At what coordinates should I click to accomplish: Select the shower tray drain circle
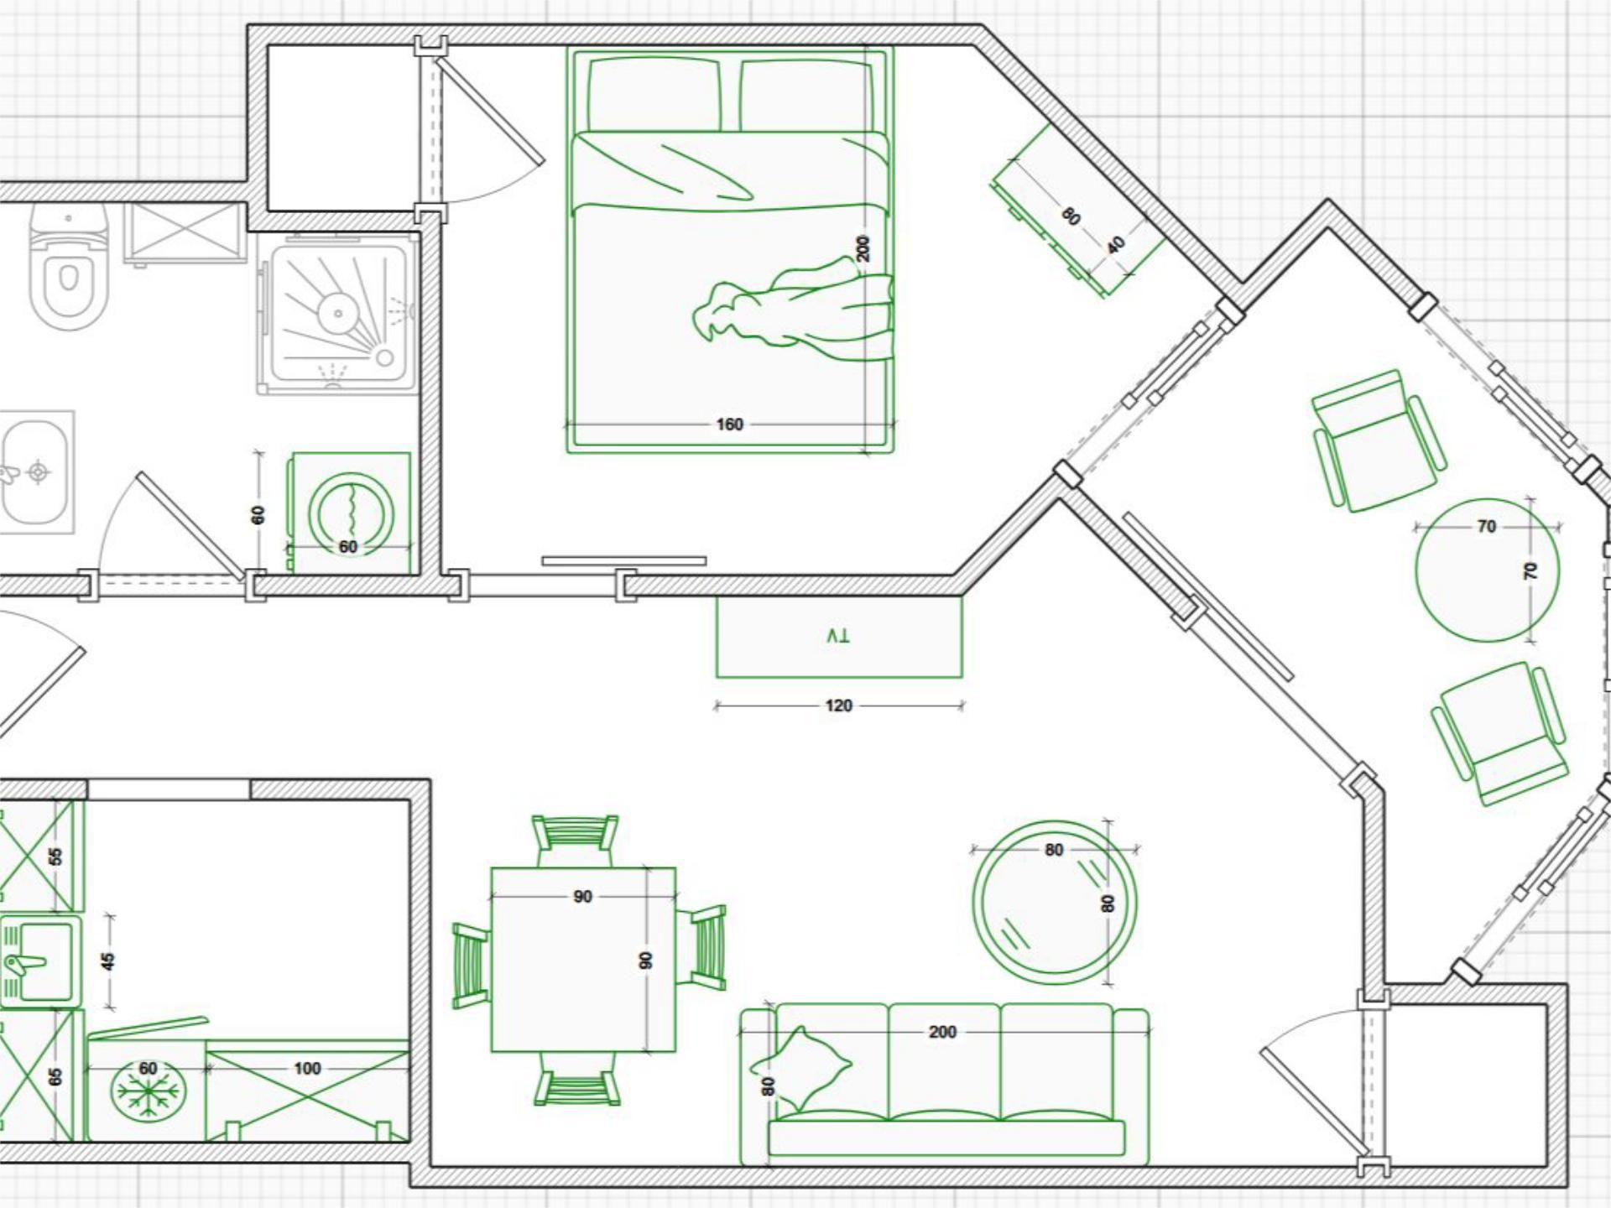(338, 314)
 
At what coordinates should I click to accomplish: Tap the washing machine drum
(351, 513)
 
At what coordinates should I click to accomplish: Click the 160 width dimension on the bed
(729, 424)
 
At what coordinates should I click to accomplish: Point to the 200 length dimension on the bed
(863, 248)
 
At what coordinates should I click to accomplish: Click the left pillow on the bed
(654, 95)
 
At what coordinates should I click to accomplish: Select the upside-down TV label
(837, 636)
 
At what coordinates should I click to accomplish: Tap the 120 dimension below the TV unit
(838, 706)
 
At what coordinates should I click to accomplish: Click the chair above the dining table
(576, 841)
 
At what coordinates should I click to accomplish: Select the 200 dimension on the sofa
(942, 1032)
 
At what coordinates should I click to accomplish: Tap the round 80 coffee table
(1054, 902)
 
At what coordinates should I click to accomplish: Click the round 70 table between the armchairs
(1487, 570)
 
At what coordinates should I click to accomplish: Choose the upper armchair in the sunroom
(1378, 440)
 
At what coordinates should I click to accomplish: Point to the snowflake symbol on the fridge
(148, 1091)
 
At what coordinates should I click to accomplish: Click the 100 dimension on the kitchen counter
(307, 1068)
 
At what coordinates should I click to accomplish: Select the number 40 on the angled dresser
(1116, 246)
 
